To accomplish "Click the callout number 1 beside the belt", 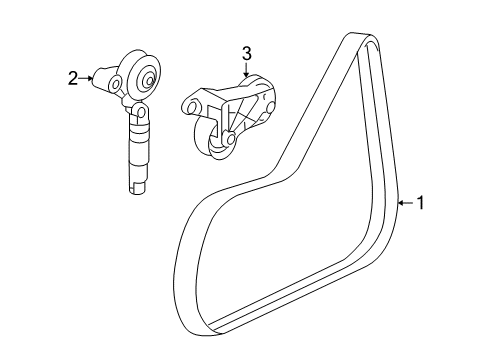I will pos(421,203).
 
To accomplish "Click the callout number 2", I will pos(73,78).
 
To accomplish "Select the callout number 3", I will pos(246,53).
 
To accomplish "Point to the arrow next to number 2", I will pos(88,77).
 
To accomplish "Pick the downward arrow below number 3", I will pos(246,71).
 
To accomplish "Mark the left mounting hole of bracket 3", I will pos(190,104).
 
